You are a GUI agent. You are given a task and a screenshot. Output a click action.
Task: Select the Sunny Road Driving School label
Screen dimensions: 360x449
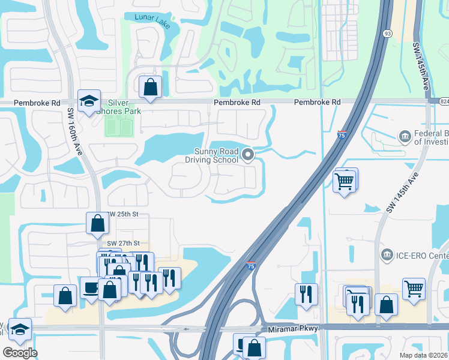coord(216,156)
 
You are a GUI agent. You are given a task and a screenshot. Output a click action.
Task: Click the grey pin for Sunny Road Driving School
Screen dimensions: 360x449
coord(248,156)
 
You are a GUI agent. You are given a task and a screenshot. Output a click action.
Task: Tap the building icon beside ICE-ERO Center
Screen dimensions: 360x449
coord(387,256)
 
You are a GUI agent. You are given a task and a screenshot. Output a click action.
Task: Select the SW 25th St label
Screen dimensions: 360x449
coord(124,215)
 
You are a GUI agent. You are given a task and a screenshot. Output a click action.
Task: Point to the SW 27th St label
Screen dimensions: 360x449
coord(123,243)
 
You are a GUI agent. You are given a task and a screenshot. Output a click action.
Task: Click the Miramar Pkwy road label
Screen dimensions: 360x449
coord(297,328)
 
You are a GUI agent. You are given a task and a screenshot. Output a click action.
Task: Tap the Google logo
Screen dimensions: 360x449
coord(20,353)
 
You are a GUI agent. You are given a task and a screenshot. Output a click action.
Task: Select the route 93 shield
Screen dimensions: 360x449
coord(388,34)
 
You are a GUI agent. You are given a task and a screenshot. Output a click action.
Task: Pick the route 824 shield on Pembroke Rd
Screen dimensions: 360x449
coord(443,102)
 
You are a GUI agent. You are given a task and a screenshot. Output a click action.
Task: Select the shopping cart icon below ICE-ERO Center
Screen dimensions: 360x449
coord(414,289)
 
